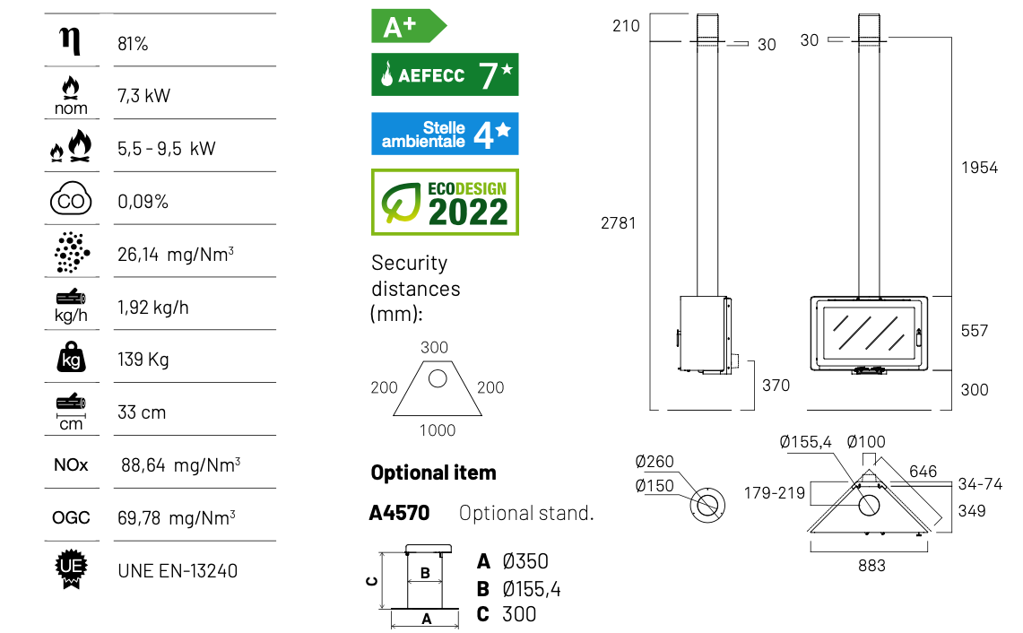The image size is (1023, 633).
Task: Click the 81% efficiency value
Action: (x=133, y=44)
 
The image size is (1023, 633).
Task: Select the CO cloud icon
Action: (x=71, y=198)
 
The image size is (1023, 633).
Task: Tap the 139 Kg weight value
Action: (x=143, y=360)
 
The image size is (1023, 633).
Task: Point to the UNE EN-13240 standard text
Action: (x=178, y=571)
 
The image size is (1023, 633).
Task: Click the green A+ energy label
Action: (x=409, y=26)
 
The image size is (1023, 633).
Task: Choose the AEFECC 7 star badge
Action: (x=445, y=74)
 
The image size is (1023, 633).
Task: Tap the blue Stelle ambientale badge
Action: (x=445, y=134)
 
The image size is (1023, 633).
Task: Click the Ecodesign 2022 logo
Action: (x=445, y=203)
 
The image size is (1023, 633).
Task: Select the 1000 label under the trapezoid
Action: (x=438, y=430)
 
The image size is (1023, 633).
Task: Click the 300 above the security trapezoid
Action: (x=435, y=347)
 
